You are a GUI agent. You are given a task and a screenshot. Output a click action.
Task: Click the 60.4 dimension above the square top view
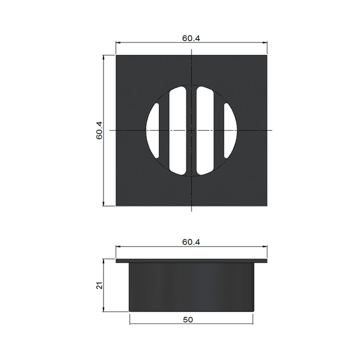[191, 38]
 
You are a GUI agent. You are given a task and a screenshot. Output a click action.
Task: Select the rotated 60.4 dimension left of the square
[99, 130]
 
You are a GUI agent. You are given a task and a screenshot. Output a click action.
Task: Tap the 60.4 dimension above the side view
[191, 242]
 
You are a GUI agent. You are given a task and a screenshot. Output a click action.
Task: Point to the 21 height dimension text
[99, 285]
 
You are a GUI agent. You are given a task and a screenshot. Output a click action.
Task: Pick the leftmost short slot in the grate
[152, 130]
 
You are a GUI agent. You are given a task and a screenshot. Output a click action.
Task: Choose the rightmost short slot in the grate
[230, 130]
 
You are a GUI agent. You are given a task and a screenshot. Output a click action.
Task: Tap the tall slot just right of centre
[206, 130]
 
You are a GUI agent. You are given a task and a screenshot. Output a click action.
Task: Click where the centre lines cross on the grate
[191, 130]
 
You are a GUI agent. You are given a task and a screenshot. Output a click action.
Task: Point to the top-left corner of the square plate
[116, 55]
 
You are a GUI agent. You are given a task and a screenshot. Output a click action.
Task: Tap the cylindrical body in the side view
[191, 287]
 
